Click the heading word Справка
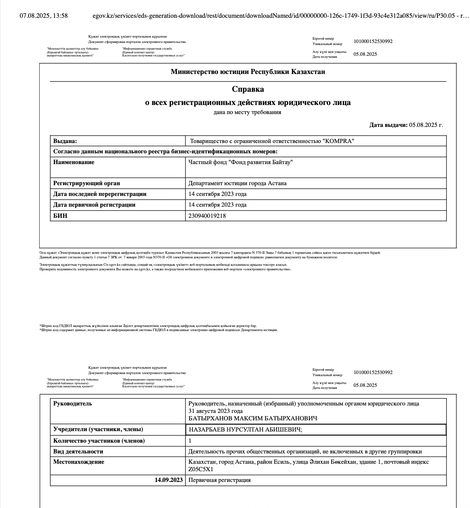click(x=248, y=89)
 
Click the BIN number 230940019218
click(x=207, y=216)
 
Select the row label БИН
click(x=60, y=216)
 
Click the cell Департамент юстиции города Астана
click(x=237, y=184)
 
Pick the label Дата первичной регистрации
click(x=94, y=205)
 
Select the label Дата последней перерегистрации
click(x=100, y=194)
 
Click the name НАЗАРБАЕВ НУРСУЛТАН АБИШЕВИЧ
click(x=245, y=430)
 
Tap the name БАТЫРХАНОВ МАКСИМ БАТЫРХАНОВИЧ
click(x=253, y=419)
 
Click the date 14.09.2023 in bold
click(x=169, y=480)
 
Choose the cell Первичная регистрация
click(x=219, y=480)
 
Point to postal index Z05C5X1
click(x=201, y=469)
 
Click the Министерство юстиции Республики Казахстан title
click(x=248, y=72)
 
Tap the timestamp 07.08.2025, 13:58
click(x=44, y=16)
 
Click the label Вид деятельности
click(x=78, y=451)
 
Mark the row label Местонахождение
click(x=78, y=462)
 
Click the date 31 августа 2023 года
click(x=215, y=411)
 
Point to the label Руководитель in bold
click(x=73, y=404)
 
